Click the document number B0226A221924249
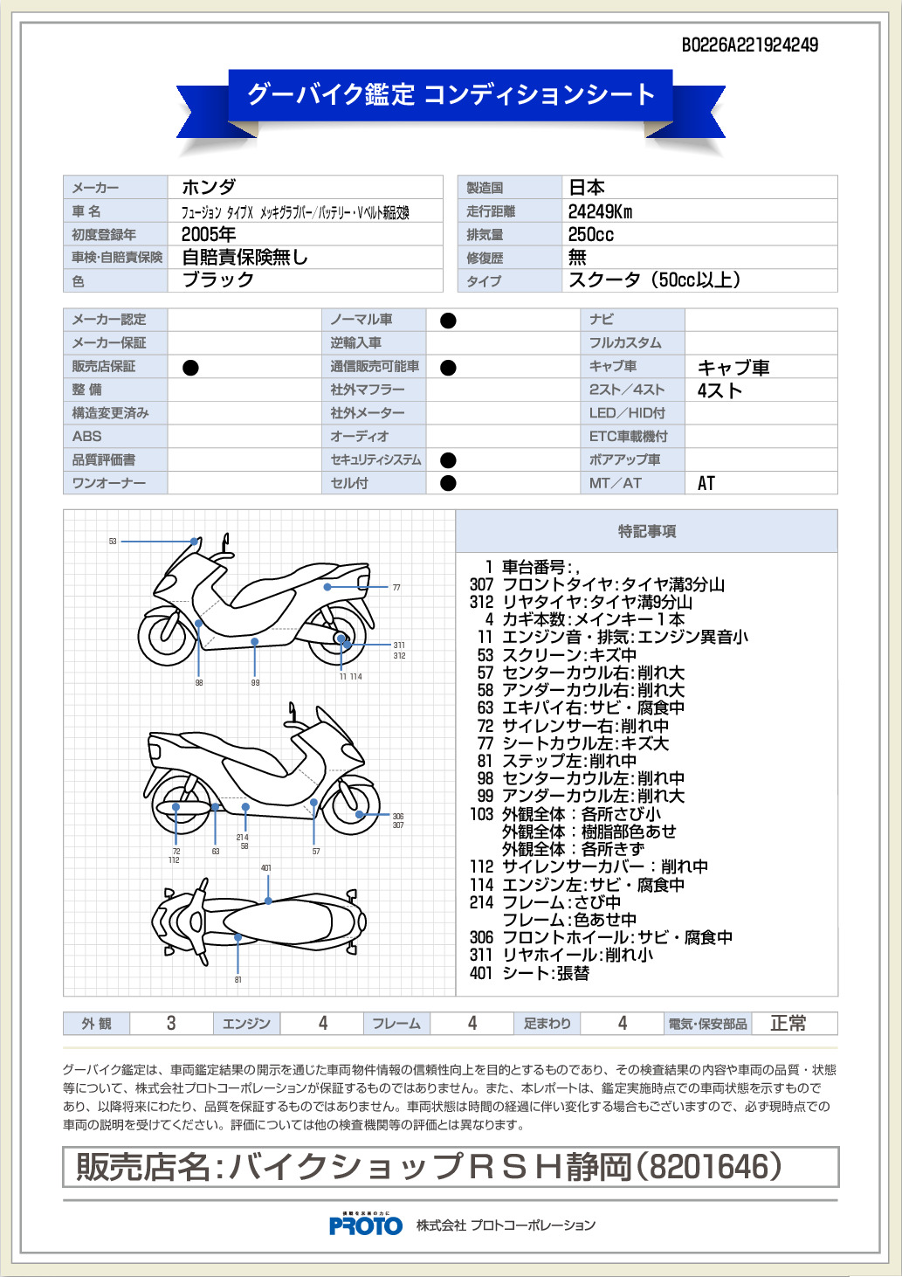[749, 45]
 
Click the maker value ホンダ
[209, 187]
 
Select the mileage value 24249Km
[600, 211]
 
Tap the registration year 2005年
[209, 234]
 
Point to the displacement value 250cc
[590, 234]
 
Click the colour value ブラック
[217, 280]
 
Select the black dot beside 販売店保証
[190, 368]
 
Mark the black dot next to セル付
[448, 483]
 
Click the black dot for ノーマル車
[448, 321]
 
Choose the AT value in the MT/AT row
[706, 483]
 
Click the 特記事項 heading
[646, 531]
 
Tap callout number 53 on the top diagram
[113, 542]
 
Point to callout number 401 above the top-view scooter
[266, 868]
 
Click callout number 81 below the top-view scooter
[238, 980]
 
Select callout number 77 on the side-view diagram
[396, 588]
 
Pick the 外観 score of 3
[171, 1023]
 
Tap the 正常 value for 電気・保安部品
[788, 1023]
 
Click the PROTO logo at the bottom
[366, 1225]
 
